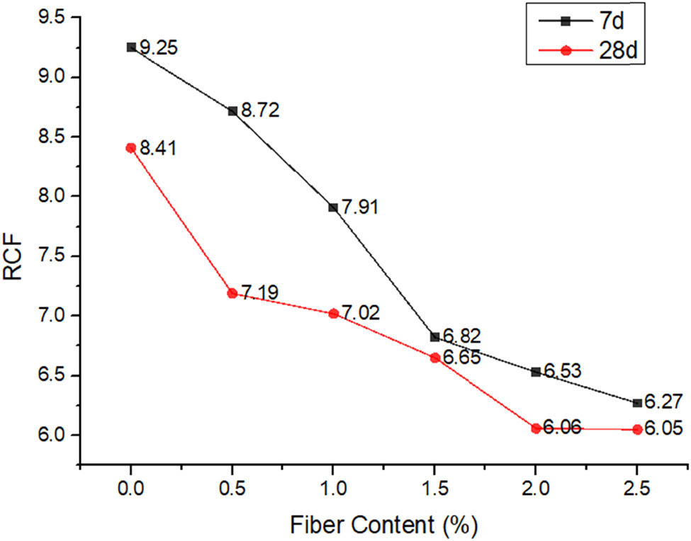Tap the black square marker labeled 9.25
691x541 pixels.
pos(131,47)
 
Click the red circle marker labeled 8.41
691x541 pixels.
pos(130,148)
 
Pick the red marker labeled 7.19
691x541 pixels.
pos(232,293)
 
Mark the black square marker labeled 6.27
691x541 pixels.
pos(638,403)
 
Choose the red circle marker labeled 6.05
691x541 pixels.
pos(638,429)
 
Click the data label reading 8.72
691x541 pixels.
pos(261,110)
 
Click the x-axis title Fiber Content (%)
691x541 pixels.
pos(383,525)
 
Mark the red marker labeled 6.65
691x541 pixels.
pos(435,358)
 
